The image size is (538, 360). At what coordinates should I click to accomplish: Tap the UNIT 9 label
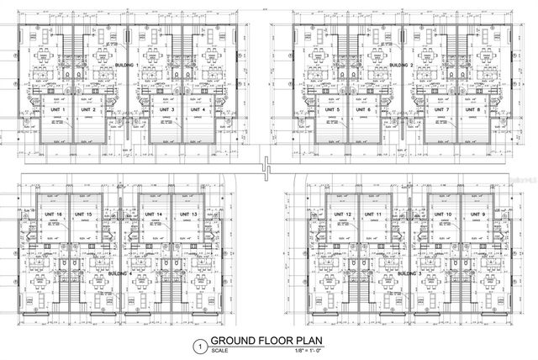(478, 214)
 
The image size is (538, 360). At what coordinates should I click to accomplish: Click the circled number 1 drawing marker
(199, 345)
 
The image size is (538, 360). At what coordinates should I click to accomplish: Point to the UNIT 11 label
(373, 214)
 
